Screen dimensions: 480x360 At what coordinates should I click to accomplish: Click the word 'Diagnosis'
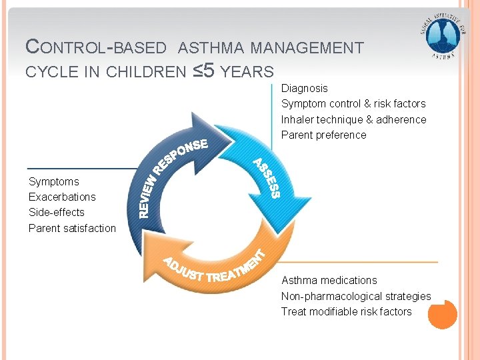[305, 88]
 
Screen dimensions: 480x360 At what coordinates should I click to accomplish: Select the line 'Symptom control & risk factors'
[353, 104]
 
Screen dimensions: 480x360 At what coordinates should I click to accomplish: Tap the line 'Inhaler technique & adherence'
[353, 119]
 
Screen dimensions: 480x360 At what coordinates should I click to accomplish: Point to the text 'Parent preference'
[323, 135]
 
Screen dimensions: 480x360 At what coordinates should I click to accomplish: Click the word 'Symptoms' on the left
[53, 181]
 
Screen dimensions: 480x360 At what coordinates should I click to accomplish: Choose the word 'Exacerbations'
[62, 197]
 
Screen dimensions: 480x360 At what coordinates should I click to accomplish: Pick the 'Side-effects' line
[57, 212]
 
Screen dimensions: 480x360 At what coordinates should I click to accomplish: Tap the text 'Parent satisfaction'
[72, 228]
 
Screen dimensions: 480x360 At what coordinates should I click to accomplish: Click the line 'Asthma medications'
[329, 280]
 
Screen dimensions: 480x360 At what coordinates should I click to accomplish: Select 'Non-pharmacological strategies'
[356, 296]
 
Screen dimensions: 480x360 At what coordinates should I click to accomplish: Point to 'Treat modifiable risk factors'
[346, 311]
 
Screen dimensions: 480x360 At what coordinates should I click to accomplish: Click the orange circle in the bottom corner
[442, 314]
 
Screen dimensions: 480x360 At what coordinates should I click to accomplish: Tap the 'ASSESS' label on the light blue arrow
[266, 178]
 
